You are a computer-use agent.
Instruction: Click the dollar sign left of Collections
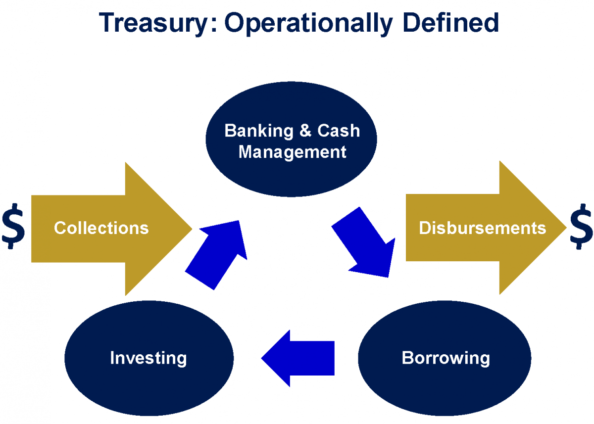click(13, 228)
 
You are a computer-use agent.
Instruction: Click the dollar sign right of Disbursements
click(581, 228)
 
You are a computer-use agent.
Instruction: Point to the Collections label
click(101, 228)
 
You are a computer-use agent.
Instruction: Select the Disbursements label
click(482, 228)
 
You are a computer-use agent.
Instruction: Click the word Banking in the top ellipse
click(259, 131)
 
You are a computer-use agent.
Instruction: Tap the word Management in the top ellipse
click(292, 152)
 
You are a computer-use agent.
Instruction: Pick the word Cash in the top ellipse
click(339, 131)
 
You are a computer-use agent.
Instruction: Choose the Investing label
click(148, 357)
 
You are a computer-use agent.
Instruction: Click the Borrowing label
click(445, 357)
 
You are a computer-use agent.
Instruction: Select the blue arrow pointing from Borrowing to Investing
click(299, 358)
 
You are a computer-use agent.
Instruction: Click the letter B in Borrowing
click(407, 357)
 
